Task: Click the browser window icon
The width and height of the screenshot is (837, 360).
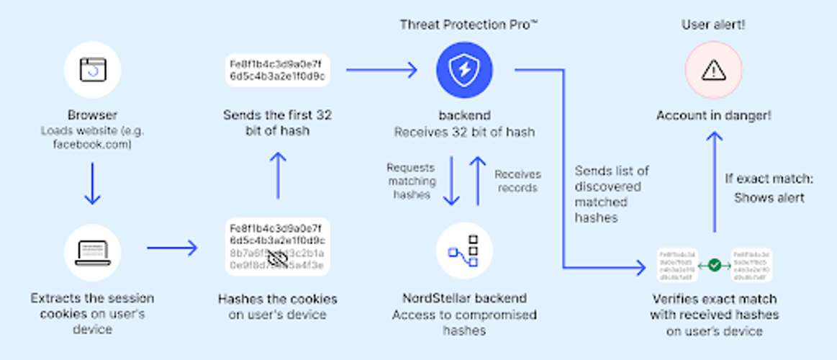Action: (92, 69)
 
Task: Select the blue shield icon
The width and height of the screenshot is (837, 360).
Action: (464, 70)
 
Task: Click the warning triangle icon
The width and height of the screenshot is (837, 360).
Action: (713, 70)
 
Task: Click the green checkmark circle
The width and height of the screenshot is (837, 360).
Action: (714, 265)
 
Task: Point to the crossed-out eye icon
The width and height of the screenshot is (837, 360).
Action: (278, 258)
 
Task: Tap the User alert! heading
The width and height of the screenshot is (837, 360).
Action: (713, 25)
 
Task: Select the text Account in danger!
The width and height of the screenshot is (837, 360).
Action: (713, 115)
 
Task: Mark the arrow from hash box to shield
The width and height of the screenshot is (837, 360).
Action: (381, 70)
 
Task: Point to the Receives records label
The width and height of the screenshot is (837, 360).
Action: (517, 181)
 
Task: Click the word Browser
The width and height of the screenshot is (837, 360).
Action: (92, 115)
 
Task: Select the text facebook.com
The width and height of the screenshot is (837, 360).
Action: (92, 145)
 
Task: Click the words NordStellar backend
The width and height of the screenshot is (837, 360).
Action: (464, 298)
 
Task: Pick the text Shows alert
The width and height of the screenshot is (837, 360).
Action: (769, 198)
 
